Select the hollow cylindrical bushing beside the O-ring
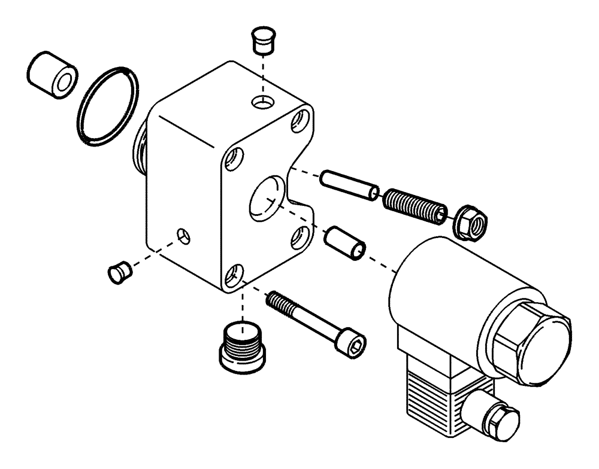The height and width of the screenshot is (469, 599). [x=52, y=74]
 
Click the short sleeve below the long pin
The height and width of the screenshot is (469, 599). [x=344, y=242]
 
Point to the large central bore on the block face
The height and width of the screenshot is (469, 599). [x=265, y=200]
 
